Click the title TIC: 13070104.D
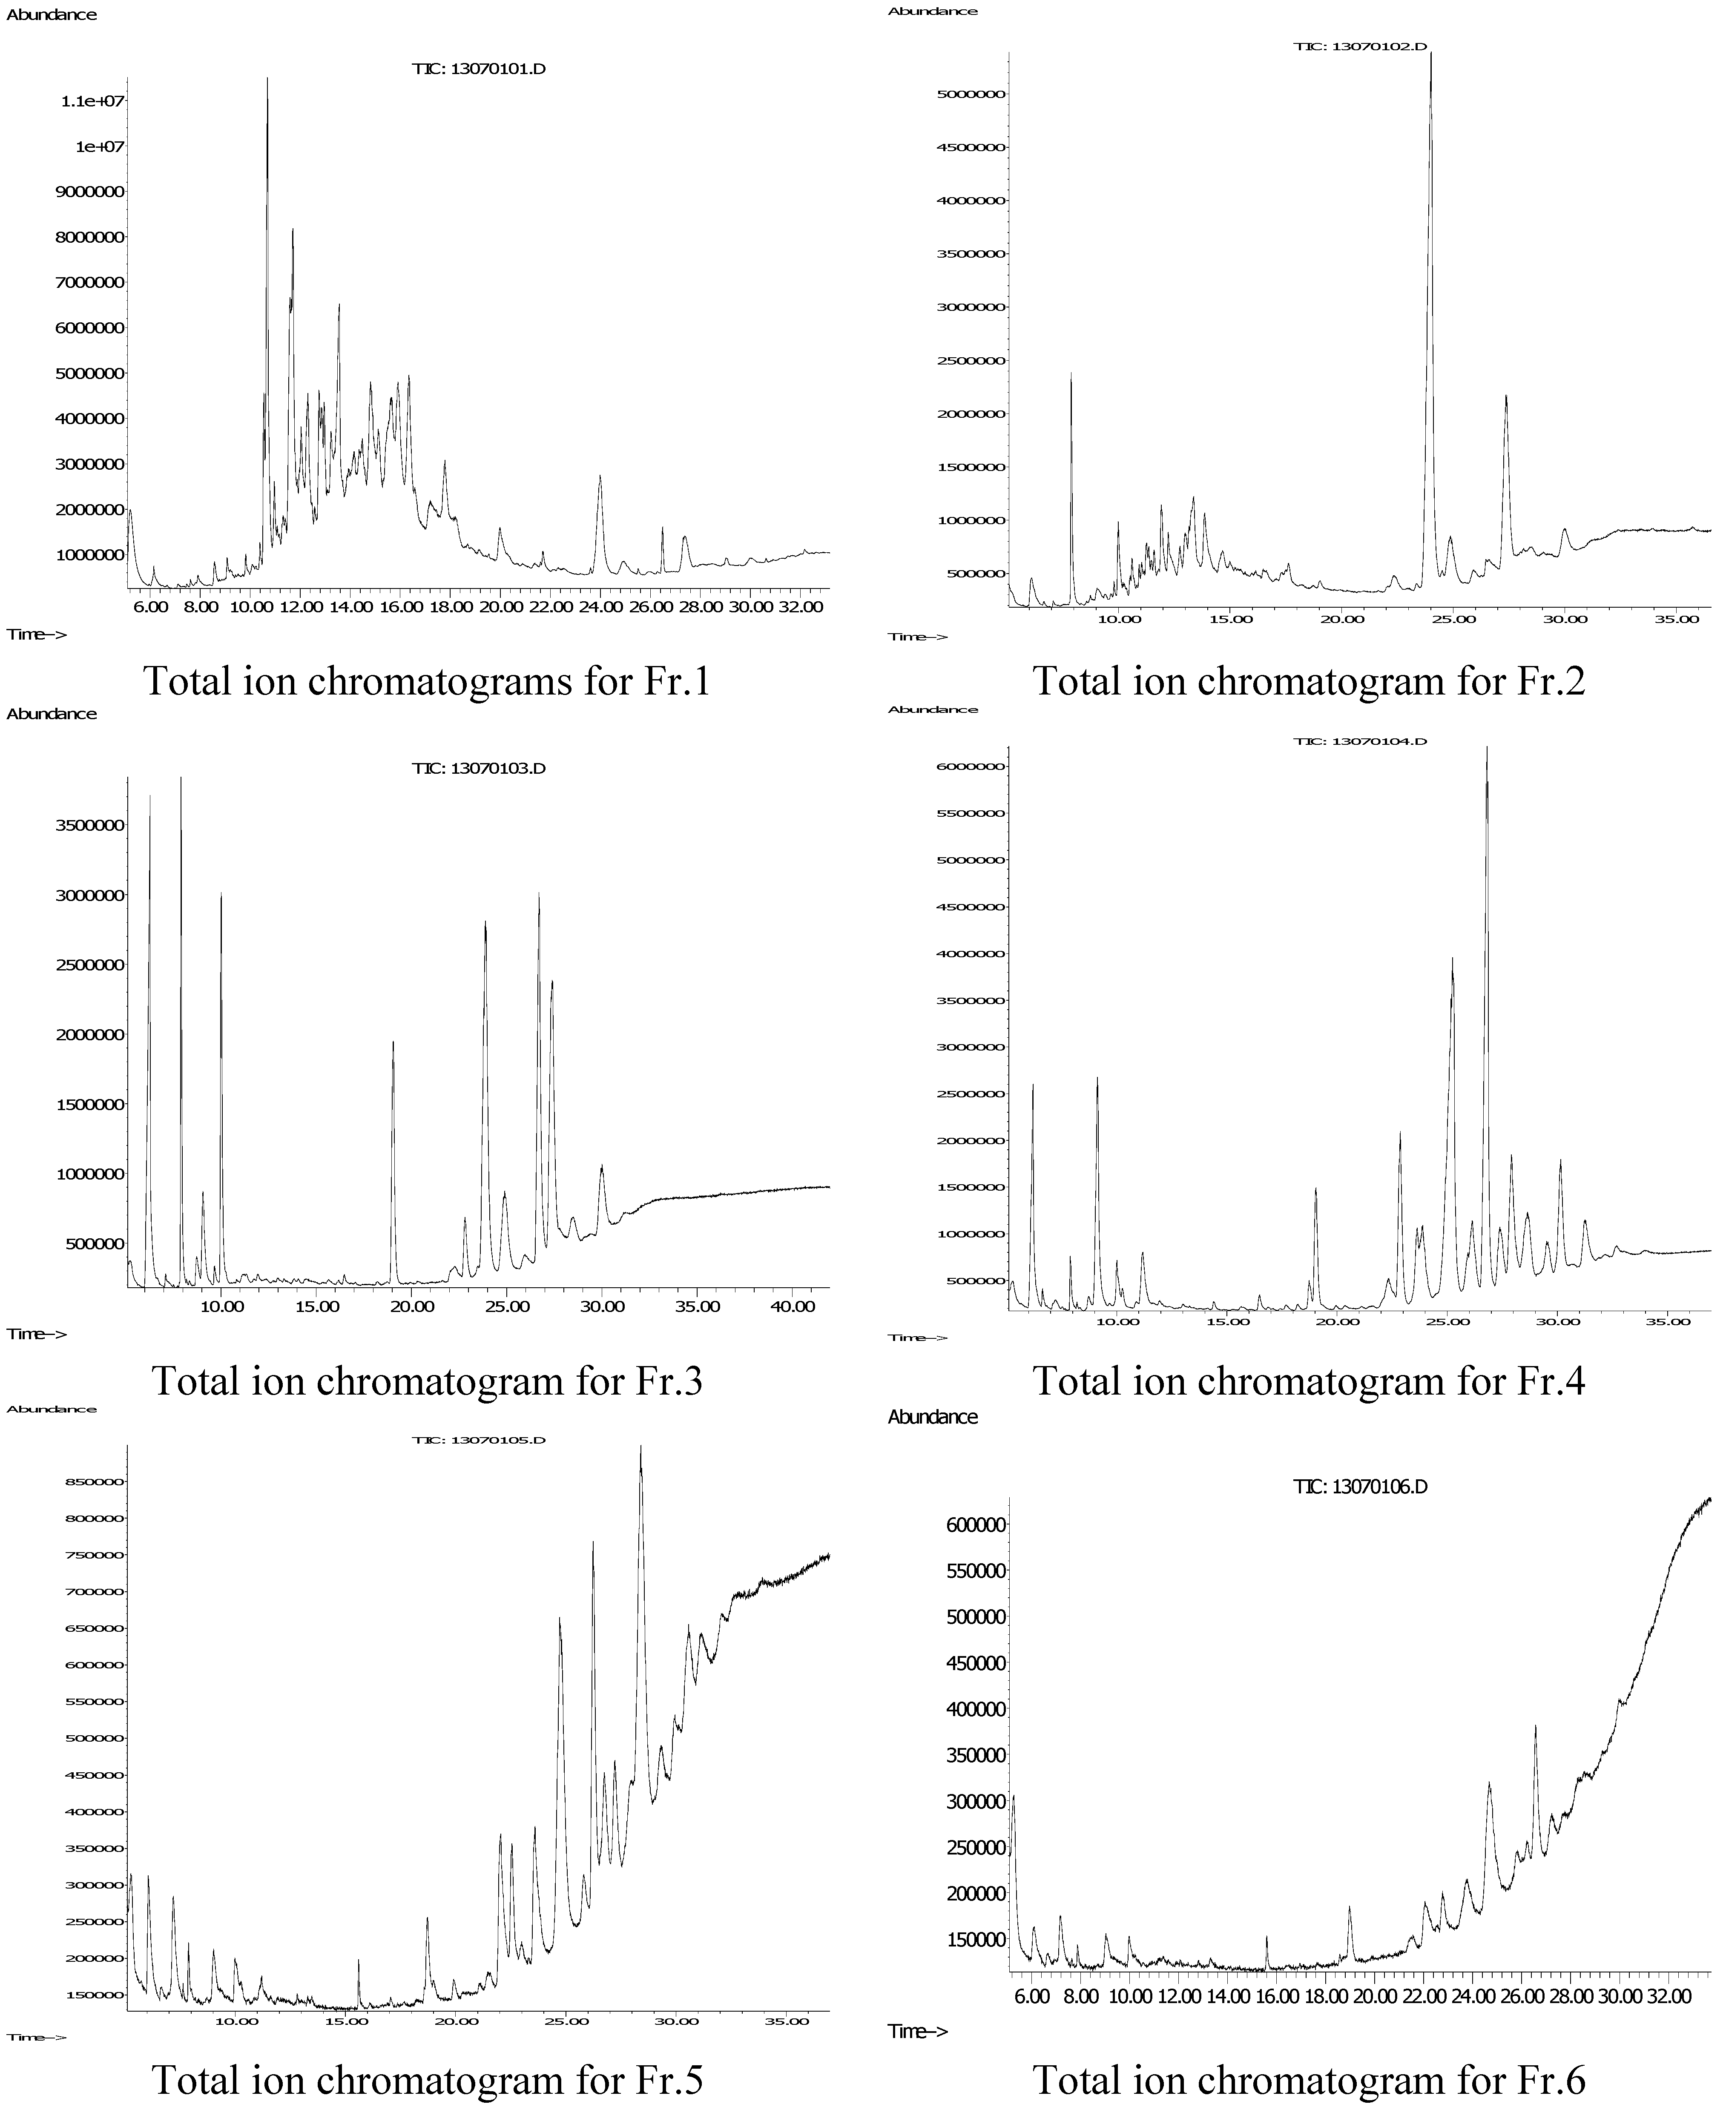1360,741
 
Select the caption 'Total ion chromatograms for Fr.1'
428,681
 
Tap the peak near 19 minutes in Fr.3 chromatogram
394,1042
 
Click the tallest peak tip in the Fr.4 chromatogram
1488,748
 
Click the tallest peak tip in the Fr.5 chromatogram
640,1447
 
